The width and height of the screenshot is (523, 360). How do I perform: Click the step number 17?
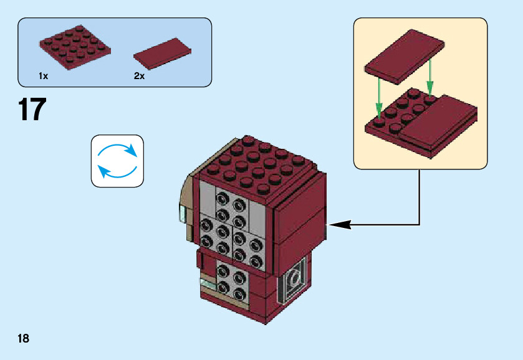click(x=32, y=110)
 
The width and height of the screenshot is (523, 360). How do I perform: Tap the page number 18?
click(x=23, y=338)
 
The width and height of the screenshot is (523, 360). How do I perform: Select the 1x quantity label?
click(x=43, y=76)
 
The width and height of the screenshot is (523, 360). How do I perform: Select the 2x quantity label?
click(x=139, y=76)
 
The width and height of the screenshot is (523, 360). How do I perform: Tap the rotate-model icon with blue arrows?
click(x=117, y=161)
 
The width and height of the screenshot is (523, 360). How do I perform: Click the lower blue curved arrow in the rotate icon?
click(x=117, y=172)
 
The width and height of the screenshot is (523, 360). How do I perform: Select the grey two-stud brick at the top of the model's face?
click(x=229, y=201)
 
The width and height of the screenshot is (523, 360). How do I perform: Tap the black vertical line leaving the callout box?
click(x=420, y=196)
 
